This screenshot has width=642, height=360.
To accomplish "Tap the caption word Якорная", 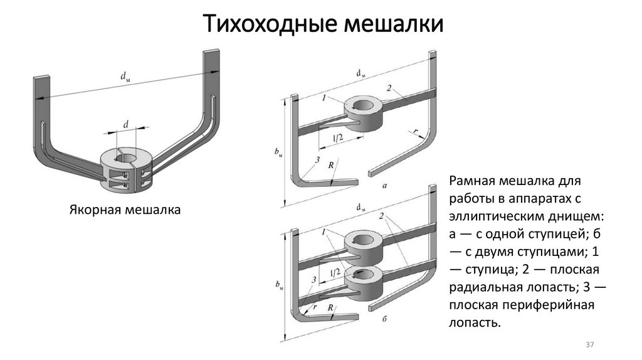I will pyautogui.click(x=92, y=209).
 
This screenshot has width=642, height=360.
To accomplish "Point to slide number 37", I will pyautogui.click(x=589, y=346).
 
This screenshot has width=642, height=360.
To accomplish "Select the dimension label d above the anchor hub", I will pyautogui.click(x=126, y=125).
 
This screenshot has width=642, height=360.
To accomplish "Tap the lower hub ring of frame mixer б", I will pyautogui.click(x=362, y=275).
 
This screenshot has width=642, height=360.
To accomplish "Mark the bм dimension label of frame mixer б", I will pyautogui.click(x=279, y=286).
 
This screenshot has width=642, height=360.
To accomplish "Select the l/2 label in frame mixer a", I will pyautogui.click(x=337, y=137).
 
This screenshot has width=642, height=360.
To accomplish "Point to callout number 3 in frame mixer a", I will pyautogui.click(x=318, y=161).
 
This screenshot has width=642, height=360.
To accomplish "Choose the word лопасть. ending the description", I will pyautogui.click(x=475, y=322).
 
